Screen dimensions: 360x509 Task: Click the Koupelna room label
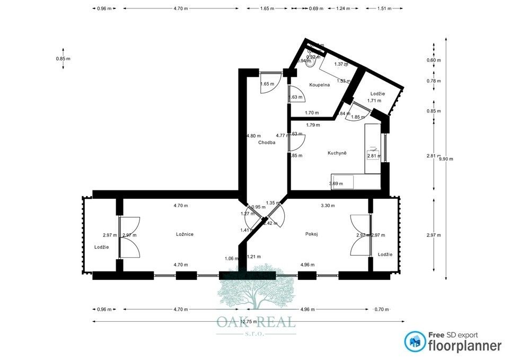pos(320,85)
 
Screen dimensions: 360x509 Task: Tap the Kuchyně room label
pos(337,153)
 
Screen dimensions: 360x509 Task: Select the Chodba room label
pos(267,143)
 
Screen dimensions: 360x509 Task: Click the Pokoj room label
pos(311,234)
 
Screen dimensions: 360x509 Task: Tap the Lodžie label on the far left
pos(102,247)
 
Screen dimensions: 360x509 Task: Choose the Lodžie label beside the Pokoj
pos(385,254)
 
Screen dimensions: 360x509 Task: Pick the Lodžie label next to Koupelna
pos(378,93)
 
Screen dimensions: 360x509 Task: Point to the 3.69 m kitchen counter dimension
pos(336,183)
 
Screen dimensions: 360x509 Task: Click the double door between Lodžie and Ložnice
pos(129,237)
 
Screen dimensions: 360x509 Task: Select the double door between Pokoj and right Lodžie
pos(360,236)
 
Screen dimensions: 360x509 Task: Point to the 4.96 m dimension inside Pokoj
pos(308,264)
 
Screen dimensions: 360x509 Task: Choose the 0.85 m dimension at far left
pos(64,58)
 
